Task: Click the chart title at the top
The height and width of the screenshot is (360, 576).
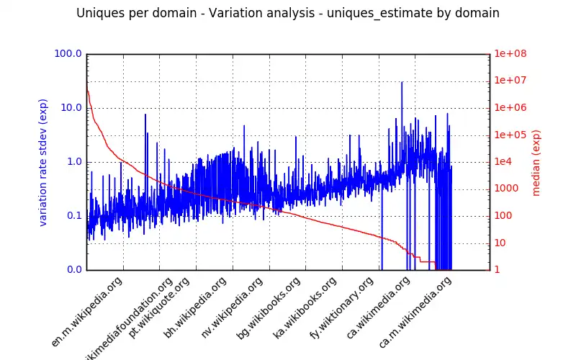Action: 288,13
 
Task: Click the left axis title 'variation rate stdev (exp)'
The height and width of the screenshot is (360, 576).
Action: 43,163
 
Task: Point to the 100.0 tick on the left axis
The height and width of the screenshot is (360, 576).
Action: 68,54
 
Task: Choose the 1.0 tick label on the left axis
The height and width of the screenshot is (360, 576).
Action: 73,162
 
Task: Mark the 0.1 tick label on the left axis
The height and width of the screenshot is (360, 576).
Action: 73,216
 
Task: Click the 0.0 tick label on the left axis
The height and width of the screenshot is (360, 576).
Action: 73,270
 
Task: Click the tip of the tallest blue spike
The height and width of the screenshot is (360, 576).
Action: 402,83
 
